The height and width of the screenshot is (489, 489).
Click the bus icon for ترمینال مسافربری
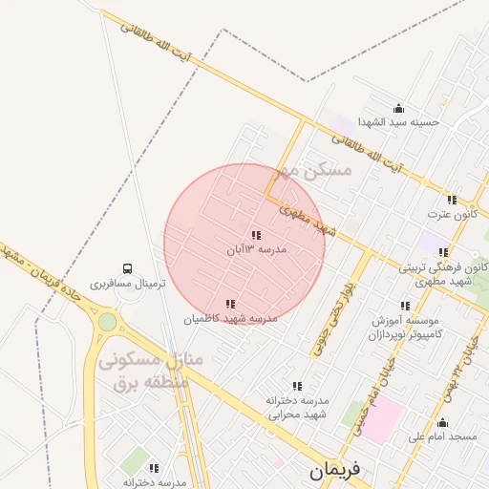click(x=127, y=269)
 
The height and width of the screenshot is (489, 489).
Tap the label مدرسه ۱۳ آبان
click(x=256, y=249)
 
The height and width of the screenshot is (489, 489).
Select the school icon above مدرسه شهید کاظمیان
click(x=229, y=303)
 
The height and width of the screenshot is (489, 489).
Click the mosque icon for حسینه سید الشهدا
click(x=398, y=108)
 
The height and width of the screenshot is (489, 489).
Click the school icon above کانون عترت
click(x=452, y=200)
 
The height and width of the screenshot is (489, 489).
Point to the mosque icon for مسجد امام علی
click(x=441, y=423)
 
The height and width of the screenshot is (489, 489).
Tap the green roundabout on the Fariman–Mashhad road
click(x=107, y=322)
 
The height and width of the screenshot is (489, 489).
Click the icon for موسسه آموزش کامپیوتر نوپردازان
click(x=405, y=306)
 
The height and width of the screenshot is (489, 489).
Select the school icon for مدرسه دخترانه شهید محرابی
click(x=297, y=386)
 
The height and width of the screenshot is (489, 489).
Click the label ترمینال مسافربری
click(x=128, y=284)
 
